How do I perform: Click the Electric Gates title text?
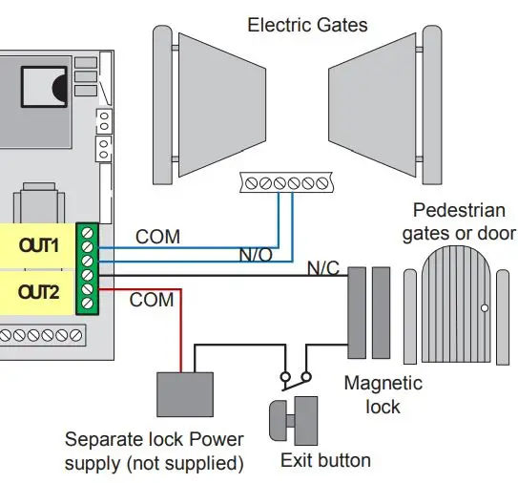click(307, 24)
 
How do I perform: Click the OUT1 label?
click(39, 245)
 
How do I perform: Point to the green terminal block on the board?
click(88, 267)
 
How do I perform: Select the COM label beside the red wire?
click(152, 301)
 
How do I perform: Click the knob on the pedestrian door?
click(486, 308)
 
